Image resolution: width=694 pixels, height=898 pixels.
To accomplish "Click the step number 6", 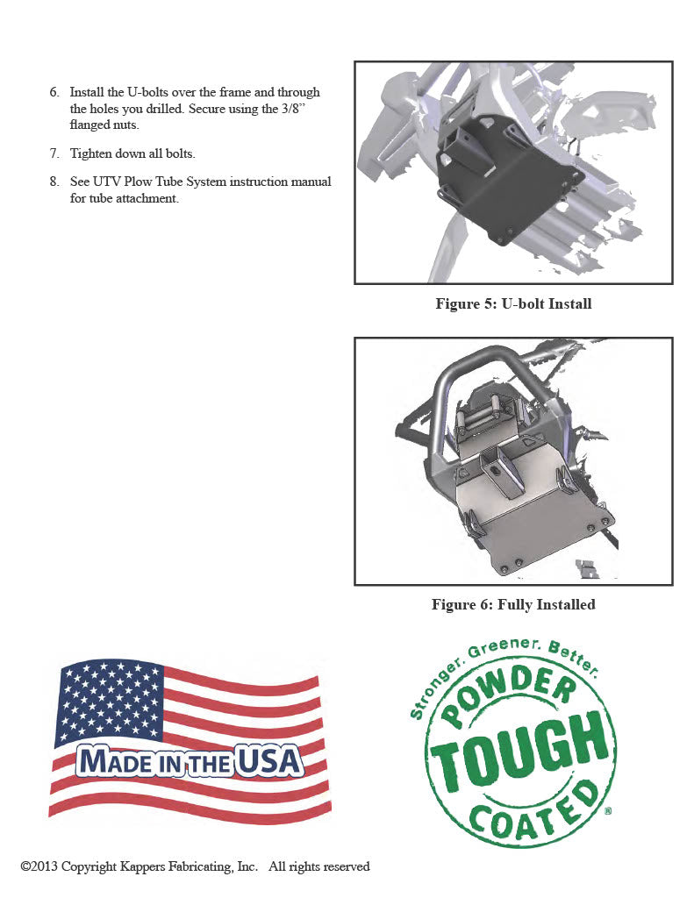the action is coord(54,92).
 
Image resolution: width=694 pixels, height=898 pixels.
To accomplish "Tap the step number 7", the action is coord(54,153).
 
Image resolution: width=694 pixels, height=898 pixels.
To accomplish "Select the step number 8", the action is coord(54,182).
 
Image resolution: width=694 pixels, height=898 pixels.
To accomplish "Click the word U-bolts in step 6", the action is coord(147,92).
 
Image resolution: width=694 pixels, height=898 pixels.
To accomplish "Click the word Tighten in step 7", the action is coord(91,153).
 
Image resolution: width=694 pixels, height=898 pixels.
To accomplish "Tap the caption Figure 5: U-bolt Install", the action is coord(513,303).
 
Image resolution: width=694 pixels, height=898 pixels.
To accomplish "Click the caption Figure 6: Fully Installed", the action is coord(513,604).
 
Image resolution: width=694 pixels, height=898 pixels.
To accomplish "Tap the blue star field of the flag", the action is coord(108,702).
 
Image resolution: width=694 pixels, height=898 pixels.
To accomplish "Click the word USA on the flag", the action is coord(268,761).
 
